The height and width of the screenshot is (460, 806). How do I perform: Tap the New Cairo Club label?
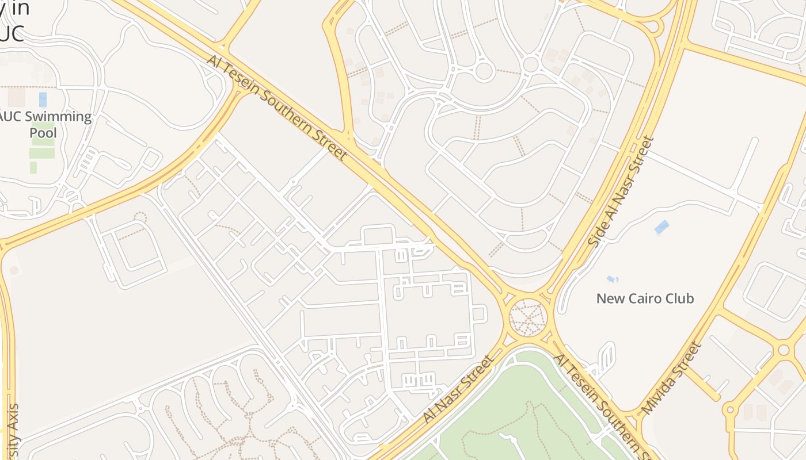[645, 298]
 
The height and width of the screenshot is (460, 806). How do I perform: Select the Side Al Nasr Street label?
[621, 191]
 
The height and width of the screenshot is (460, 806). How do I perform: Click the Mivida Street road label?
[672, 378]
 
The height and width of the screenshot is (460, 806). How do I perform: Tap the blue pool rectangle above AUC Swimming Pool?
[43, 99]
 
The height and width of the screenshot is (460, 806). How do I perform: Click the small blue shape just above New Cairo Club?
[612, 279]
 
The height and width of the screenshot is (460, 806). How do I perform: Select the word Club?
[680, 298]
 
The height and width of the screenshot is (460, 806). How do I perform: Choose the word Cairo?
[644, 298]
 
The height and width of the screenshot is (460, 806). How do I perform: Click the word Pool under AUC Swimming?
[43, 133]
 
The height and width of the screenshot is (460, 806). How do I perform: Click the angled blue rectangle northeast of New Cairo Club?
[662, 227]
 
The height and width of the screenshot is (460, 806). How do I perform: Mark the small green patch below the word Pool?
[33, 167]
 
